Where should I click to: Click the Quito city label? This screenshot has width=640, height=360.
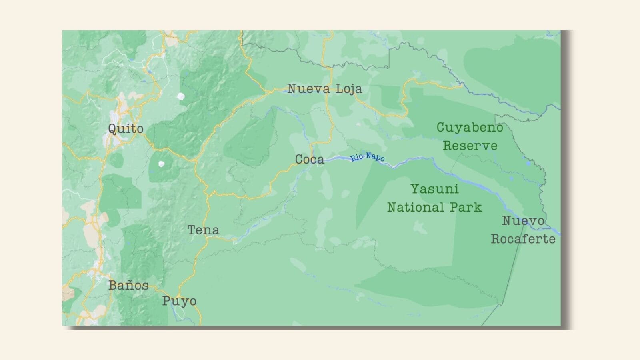(126, 129)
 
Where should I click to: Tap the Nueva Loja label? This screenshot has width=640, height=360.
(324, 88)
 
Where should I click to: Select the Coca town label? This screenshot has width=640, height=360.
(309, 159)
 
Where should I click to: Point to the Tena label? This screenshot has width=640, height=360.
(203, 230)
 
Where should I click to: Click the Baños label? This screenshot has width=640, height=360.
(128, 285)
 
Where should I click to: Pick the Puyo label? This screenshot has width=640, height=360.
(179, 301)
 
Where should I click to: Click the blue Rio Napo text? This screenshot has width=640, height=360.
(368, 157)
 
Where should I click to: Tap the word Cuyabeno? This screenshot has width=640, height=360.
(470, 128)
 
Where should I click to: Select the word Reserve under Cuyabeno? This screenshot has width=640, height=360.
(470, 146)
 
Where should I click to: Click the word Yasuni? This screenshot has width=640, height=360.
(434, 189)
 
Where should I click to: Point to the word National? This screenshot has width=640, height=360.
(416, 207)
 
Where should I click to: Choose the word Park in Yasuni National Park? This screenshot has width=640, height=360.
(466, 207)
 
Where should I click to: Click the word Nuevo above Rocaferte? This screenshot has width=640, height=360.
(523, 220)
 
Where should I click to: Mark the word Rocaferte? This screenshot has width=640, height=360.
(523, 239)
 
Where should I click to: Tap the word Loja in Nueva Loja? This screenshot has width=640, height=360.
(348, 88)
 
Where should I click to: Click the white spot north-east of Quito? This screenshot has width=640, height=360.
(181, 96)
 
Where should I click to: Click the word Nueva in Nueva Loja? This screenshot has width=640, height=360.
(308, 88)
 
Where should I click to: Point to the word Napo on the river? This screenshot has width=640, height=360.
(375, 157)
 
